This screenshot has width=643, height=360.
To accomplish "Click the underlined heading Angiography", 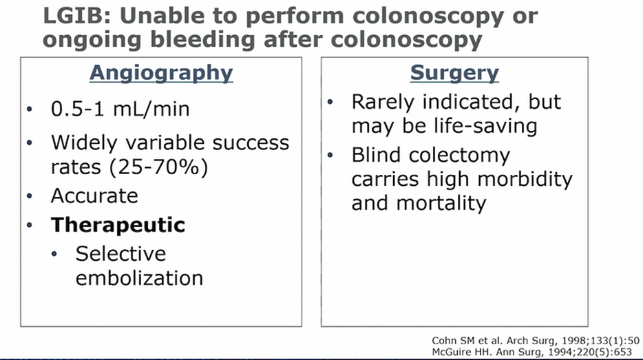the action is click(x=161, y=74).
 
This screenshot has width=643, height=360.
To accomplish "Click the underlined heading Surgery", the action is click(x=454, y=74).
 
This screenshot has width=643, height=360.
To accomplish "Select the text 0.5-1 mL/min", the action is click(x=120, y=109).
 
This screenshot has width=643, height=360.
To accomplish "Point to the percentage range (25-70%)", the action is click(x=159, y=167).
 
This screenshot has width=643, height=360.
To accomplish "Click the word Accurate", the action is click(x=94, y=195).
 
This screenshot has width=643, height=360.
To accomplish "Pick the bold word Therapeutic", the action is click(x=118, y=225).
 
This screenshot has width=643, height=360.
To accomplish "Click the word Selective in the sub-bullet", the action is click(x=120, y=253).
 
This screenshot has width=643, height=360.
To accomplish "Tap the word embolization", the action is click(x=140, y=278).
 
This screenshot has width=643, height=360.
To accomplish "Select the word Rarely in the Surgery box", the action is click(x=383, y=103).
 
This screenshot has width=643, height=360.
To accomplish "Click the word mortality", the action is click(x=441, y=203).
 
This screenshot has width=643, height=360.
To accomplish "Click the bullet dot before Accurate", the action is click(x=29, y=196).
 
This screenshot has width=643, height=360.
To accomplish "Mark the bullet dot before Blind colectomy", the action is click(x=330, y=156).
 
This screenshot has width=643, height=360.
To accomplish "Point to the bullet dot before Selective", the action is click(x=54, y=254).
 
